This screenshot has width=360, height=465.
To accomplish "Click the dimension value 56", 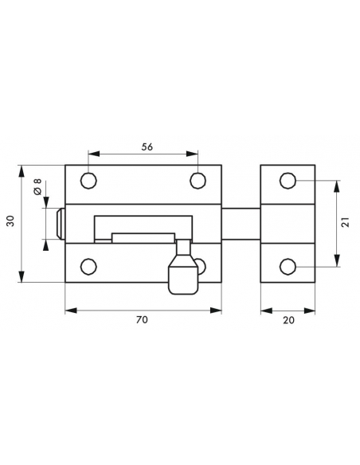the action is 147,147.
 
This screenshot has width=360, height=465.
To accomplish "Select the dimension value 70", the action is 142,320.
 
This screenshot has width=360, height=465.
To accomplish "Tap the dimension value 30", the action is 10,221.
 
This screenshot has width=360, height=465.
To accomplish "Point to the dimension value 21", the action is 346,222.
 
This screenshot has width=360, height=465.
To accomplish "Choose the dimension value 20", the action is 288,320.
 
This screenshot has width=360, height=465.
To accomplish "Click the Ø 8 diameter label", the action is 37,187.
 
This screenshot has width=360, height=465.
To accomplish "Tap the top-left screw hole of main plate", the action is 88,181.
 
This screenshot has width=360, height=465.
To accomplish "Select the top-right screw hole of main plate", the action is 198,181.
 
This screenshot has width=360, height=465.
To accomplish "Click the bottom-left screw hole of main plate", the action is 88,266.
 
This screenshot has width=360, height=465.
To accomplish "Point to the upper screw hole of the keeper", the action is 288,181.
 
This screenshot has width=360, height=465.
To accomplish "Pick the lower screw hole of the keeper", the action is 288,267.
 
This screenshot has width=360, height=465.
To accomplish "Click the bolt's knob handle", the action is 183,267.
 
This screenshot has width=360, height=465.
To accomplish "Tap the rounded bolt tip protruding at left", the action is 61,223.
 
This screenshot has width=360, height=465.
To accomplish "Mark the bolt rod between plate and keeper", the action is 241,224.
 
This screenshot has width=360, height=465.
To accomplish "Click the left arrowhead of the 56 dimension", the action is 94,154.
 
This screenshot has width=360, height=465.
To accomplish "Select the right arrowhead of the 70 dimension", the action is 216,311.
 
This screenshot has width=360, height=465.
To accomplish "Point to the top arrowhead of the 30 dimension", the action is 22,171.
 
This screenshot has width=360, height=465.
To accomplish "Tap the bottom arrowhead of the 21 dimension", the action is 337,260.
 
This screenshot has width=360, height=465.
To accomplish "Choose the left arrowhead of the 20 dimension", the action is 266,311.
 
